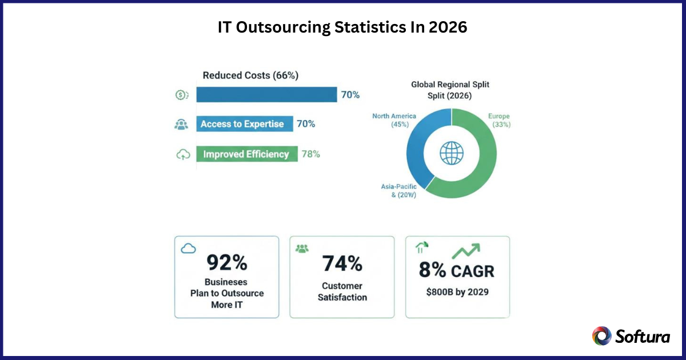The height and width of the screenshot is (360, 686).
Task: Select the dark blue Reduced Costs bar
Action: [x=266, y=95]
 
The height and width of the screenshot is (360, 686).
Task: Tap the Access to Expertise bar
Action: [x=244, y=124]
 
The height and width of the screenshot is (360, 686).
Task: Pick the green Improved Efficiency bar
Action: [x=246, y=154]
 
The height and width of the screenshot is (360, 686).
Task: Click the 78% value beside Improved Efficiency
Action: [x=310, y=154]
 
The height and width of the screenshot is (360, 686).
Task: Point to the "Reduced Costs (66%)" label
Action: [x=250, y=75]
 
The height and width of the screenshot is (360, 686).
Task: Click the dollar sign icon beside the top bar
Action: [x=181, y=95]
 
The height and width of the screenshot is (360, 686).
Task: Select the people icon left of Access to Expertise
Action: [x=181, y=125]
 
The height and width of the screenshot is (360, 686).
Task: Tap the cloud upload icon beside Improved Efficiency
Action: [x=182, y=154]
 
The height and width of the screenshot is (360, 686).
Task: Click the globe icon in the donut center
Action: [x=451, y=153]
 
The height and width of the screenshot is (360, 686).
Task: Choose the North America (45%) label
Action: [x=394, y=120]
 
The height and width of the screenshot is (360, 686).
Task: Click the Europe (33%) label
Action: [x=499, y=120]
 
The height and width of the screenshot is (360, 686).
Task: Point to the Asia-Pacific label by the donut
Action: [x=399, y=190]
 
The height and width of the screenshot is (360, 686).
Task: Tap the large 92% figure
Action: [x=226, y=263]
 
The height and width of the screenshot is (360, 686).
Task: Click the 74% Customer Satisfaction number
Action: [x=342, y=263]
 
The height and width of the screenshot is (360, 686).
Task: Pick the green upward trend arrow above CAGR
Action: [x=465, y=250]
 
